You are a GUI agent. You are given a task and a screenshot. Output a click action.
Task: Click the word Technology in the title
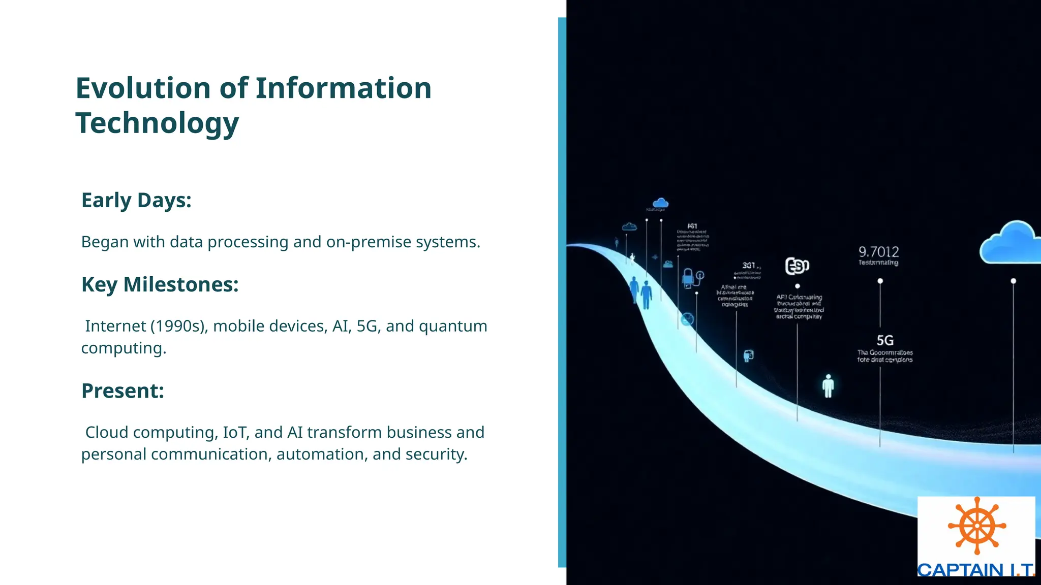[x=157, y=123]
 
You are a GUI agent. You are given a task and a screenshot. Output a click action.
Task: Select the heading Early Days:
[x=136, y=201]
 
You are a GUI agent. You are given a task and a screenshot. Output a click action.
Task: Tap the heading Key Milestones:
[x=160, y=285]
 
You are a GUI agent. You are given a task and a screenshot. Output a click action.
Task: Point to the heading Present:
[x=123, y=391]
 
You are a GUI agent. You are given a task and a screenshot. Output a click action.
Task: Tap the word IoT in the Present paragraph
[x=234, y=433]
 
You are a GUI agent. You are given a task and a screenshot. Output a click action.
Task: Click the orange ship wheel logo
[x=976, y=526]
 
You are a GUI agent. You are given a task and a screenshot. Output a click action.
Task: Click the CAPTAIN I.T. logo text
[x=975, y=570]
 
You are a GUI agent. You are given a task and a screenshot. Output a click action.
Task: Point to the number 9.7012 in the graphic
[x=878, y=252]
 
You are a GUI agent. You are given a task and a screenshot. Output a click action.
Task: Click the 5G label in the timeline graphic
[x=885, y=340]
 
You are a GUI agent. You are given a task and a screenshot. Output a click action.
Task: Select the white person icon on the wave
[x=828, y=386]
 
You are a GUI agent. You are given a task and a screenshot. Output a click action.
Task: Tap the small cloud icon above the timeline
[x=660, y=204]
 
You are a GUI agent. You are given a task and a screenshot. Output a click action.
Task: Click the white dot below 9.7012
[x=880, y=281]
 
